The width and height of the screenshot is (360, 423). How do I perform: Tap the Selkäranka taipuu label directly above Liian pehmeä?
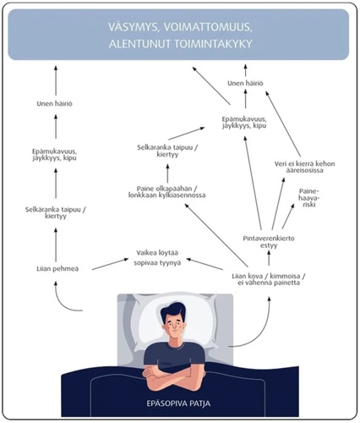57,211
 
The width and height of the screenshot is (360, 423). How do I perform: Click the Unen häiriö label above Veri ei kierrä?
246,83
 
